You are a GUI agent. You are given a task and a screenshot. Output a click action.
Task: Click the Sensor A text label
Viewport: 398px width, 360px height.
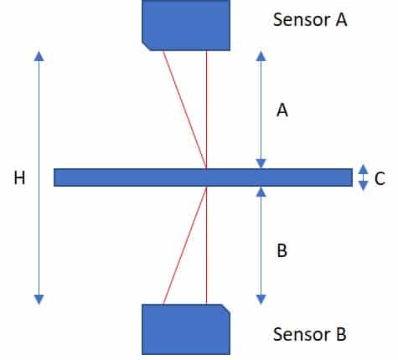[310, 19]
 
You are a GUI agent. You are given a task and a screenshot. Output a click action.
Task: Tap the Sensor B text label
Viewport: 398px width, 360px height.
[310, 334]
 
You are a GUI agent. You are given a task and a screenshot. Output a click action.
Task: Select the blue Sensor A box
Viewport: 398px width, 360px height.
[186, 25]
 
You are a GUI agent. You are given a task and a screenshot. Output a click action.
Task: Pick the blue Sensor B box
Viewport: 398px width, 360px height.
[186, 329]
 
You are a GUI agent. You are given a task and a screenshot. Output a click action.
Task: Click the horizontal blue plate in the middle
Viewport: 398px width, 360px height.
[203, 177]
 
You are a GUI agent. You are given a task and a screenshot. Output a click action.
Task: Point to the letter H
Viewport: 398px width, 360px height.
[19, 177]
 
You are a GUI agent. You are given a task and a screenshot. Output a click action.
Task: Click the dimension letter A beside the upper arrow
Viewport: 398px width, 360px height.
[282, 110]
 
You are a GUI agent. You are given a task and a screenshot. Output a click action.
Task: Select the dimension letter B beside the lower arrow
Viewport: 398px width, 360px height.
[282, 250]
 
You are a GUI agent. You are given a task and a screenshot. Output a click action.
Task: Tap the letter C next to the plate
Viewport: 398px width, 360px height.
[380, 178]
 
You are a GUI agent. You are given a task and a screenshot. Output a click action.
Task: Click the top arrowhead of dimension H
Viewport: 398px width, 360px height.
[39, 56]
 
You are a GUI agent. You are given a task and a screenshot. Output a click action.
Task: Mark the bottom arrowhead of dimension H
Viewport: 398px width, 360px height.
[39, 300]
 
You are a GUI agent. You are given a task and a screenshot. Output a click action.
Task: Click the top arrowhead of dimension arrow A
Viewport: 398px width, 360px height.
[261, 56]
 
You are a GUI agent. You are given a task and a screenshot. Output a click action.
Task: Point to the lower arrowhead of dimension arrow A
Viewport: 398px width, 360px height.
[261, 163]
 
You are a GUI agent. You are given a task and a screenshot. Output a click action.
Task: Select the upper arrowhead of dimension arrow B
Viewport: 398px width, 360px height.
[261, 192]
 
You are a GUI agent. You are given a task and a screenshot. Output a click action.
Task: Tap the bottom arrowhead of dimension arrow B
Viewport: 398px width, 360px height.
[261, 300]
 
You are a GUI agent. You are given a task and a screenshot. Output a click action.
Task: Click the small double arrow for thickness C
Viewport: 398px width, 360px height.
[363, 177]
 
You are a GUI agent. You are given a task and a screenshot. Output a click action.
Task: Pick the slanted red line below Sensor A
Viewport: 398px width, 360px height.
[185, 110]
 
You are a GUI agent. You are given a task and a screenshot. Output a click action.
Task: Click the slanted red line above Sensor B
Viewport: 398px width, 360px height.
[185, 245]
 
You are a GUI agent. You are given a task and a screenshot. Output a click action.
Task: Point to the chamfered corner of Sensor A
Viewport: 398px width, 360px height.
[146, 47]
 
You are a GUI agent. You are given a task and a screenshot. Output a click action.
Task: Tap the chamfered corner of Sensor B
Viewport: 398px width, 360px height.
[226, 309]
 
